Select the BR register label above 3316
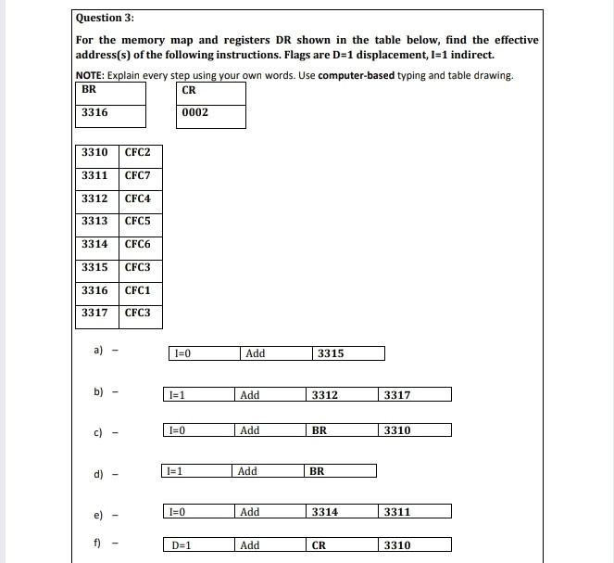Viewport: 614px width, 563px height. (89, 90)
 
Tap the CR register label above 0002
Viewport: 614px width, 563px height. (189, 90)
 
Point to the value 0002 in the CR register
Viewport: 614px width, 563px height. (195, 113)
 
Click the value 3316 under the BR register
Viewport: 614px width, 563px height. (94, 112)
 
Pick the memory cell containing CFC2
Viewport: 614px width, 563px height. (137, 152)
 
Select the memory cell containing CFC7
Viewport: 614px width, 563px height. (137, 175)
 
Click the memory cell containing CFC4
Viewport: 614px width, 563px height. (137, 198)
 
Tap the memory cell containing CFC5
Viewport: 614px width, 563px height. (137, 221)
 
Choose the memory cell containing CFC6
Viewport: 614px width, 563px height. (137, 244)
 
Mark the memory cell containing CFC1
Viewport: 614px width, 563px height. (137, 290)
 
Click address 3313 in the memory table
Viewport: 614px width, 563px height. (94, 221)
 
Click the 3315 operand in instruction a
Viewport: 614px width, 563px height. (331, 353)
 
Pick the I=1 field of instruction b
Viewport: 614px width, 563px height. (176, 395)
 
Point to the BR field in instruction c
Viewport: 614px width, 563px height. (320, 430)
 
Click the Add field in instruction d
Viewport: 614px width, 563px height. (247, 471)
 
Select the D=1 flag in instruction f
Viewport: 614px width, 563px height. (182, 545)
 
